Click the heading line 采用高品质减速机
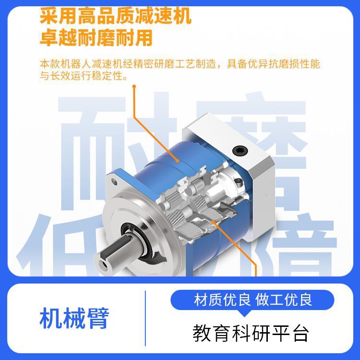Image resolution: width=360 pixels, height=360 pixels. click(115, 16)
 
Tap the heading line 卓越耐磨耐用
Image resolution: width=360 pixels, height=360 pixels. click(96, 37)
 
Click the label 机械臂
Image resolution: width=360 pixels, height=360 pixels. click(74, 318)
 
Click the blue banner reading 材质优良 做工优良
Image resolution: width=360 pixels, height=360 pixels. click(253, 300)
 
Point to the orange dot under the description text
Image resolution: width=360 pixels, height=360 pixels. click(134, 87)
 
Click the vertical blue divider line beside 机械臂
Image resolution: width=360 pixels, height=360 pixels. click(145, 318)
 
